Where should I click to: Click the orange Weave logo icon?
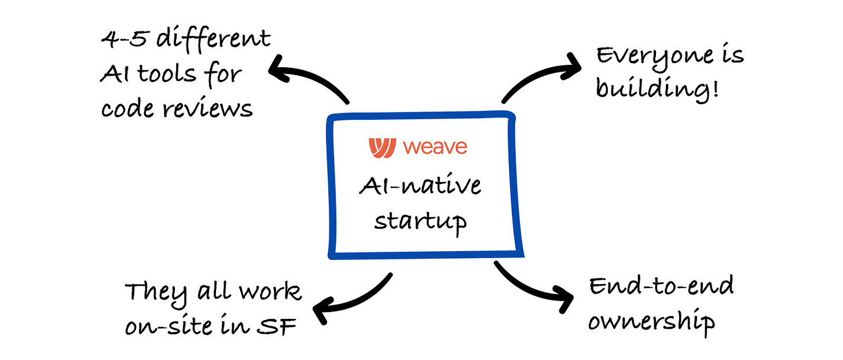point(383,147)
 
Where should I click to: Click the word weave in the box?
point(435,147)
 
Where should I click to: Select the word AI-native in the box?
point(420,188)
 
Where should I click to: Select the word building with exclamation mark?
point(657,90)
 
